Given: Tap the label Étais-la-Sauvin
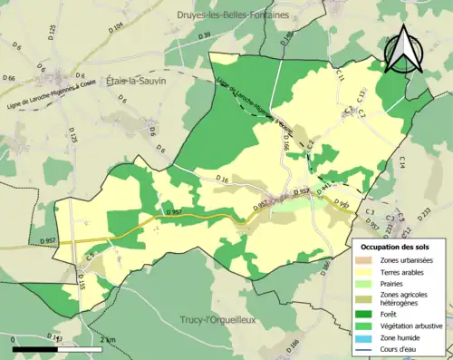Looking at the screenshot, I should pos(137,80).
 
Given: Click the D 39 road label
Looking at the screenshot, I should pos(204,34).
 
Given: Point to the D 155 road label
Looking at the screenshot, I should pos(81,283).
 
